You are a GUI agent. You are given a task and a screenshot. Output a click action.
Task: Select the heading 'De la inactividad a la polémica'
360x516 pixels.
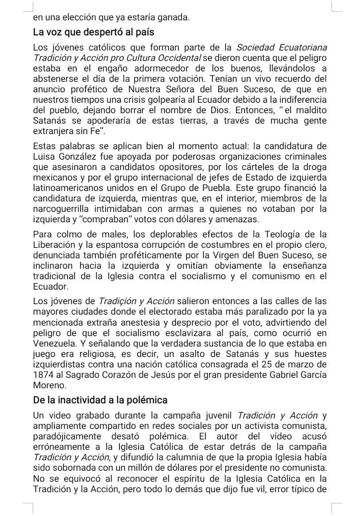pos(100,400)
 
